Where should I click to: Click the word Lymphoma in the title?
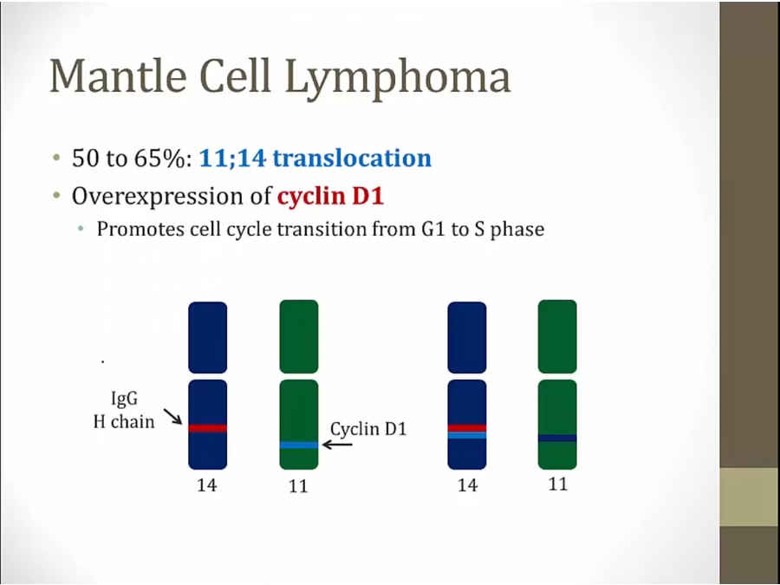pyautogui.click(x=398, y=79)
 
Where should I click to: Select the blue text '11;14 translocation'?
pyautogui.click(x=315, y=159)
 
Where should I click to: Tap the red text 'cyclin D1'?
pyautogui.click(x=331, y=196)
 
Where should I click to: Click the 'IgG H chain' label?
pyautogui.click(x=124, y=410)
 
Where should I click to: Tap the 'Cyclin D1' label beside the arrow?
pyautogui.click(x=368, y=429)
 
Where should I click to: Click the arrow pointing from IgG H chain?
pyautogui.click(x=173, y=417)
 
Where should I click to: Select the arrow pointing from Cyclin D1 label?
pyautogui.click(x=337, y=445)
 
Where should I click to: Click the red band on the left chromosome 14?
pyautogui.click(x=207, y=428)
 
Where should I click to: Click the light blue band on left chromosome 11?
pyautogui.click(x=299, y=445)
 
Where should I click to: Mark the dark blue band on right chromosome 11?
pyautogui.click(x=557, y=439)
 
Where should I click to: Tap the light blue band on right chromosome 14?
pyautogui.click(x=467, y=435)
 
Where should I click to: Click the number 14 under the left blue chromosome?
pyautogui.click(x=207, y=484)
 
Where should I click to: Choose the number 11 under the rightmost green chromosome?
pyautogui.click(x=557, y=484)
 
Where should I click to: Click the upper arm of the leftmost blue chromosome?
pyautogui.click(x=207, y=338)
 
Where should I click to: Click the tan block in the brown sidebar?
pyautogui.click(x=750, y=497)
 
